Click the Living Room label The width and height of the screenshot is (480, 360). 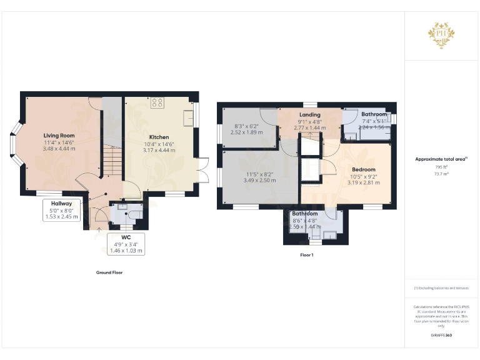(x=59, y=136)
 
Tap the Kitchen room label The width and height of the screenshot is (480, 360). (x=159, y=137)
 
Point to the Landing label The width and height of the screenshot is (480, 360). (x=309, y=115)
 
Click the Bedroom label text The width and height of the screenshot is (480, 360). (x=363, y=169)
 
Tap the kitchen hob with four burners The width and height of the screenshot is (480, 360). (x=157, y=102)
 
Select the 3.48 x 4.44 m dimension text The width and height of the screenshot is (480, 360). (x=59, y=149)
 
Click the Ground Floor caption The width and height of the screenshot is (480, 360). (x=109, y=272)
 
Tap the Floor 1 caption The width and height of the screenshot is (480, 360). (x=307, y=255)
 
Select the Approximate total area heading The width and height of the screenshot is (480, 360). (x=441, y=159)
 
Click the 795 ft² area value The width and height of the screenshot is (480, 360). (x=441, y=167)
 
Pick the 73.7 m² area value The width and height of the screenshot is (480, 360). (x=441, y=174)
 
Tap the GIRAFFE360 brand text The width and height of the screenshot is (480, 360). (x=441, y=336)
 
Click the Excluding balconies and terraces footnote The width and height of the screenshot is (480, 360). (x=441, y=287)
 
